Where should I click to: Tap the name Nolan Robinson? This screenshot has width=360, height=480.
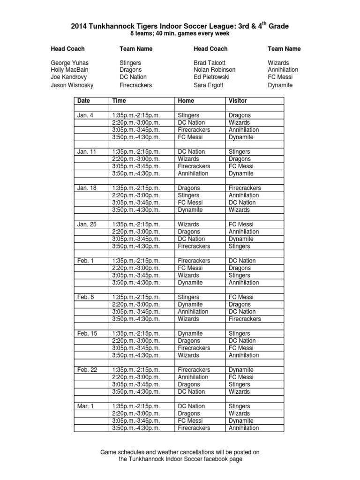coord(215,69)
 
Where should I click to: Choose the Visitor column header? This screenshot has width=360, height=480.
coord(238,101)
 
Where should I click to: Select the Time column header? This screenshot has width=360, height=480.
coord(119,101)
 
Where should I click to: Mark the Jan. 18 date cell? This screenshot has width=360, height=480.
coord(87,188)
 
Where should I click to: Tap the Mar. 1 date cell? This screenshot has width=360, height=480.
coord(86,406)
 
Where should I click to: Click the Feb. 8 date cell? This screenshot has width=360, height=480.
coord(86,297)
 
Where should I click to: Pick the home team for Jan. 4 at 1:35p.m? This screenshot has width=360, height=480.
coord(188,115)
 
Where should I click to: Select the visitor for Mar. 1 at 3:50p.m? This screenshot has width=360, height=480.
coord(244,428)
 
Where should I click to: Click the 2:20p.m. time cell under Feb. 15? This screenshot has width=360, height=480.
coord(136,341)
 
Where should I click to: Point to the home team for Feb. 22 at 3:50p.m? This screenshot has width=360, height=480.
coord(191,391)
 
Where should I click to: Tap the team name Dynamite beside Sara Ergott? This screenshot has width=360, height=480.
coord(280,85)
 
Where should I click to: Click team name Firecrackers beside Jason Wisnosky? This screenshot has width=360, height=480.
coord(136,85)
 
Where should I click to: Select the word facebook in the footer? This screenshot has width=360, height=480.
coord(207,459)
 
